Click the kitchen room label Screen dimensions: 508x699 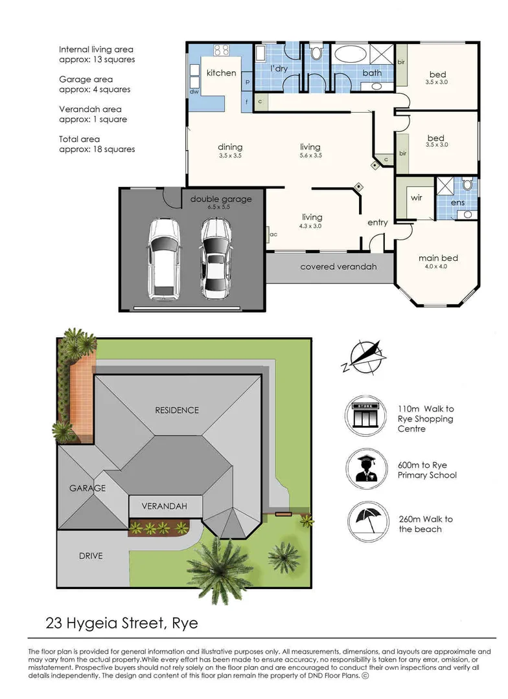(x=221, y=72)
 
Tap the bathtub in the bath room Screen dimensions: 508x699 (x=351, y=54)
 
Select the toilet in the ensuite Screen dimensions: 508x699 (x=467, y=184)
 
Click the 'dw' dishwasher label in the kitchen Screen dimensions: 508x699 (x=194, y=92)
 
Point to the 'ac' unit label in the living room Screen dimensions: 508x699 (x=273, y=234)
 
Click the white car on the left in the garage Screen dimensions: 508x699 (x=164, y=258)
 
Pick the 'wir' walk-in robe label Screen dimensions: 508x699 (x=416, y=197)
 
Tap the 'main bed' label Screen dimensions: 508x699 (x=439, y=258)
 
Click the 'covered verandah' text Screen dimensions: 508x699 (x=338, y=267)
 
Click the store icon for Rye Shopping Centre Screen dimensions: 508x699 (x=365, y=416)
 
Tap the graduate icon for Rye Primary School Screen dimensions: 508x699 (x=366, y=469)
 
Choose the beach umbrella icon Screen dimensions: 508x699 (x=368, y=520)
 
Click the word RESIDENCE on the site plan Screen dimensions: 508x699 (x=177, y=410)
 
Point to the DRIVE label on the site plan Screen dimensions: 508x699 (x=91, y=556)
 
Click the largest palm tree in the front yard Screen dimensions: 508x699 (x=219, y=568)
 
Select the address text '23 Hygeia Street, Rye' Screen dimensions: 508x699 (x=121, y=623)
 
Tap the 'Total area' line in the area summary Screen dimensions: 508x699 (x=80, y=139)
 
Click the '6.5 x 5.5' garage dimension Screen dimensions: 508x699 (x=219, y=207)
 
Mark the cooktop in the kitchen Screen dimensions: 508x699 (x=222, y=49)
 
